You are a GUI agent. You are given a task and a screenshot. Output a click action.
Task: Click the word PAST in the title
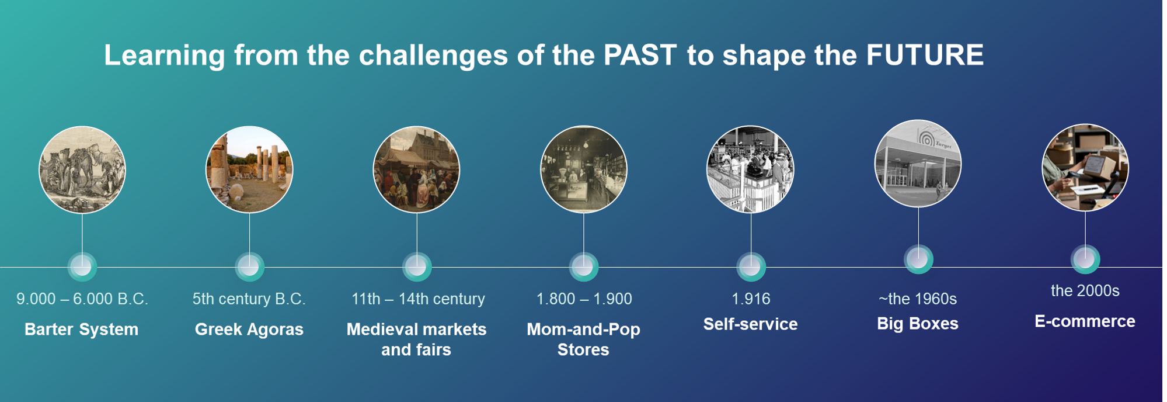coord(639,56)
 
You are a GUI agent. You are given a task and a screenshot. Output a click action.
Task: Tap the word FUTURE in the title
coord(925,56)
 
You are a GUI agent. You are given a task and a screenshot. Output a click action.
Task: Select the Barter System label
coord(81,330)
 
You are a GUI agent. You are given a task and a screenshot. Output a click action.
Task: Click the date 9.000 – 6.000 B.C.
coord(82,299)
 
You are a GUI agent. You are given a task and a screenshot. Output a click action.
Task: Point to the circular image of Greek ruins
coord(249,169)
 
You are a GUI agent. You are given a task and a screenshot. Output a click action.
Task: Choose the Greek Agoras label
coord(249,330)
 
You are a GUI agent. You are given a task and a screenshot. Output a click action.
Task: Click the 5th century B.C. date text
coord(249,299)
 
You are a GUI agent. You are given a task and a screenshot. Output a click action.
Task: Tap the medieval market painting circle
coord(416,169)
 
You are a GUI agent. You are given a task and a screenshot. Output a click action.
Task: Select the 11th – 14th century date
coord(418,299)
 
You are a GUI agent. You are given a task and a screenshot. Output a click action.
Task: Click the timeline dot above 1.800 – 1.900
coord(583,267)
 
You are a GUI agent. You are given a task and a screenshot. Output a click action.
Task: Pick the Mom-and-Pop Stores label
coord(583,339)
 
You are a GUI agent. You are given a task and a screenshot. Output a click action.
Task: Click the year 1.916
coord(751,299)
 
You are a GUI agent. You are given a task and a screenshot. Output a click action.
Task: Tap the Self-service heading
coord(750,324)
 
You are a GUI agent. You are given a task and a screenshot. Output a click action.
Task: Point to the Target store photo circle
coord(918,164)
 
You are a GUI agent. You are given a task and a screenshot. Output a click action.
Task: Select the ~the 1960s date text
coord(918,299)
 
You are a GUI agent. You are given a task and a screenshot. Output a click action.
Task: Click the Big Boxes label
coord(918,324)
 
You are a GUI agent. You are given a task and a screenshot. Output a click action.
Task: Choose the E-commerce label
coord(1085,321)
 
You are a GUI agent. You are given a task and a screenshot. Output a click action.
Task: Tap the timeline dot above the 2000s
coord(1085,259)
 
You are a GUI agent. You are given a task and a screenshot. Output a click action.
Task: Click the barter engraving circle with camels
coord(82,169)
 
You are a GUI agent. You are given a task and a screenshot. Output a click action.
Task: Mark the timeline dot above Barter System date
coord(82,267)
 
